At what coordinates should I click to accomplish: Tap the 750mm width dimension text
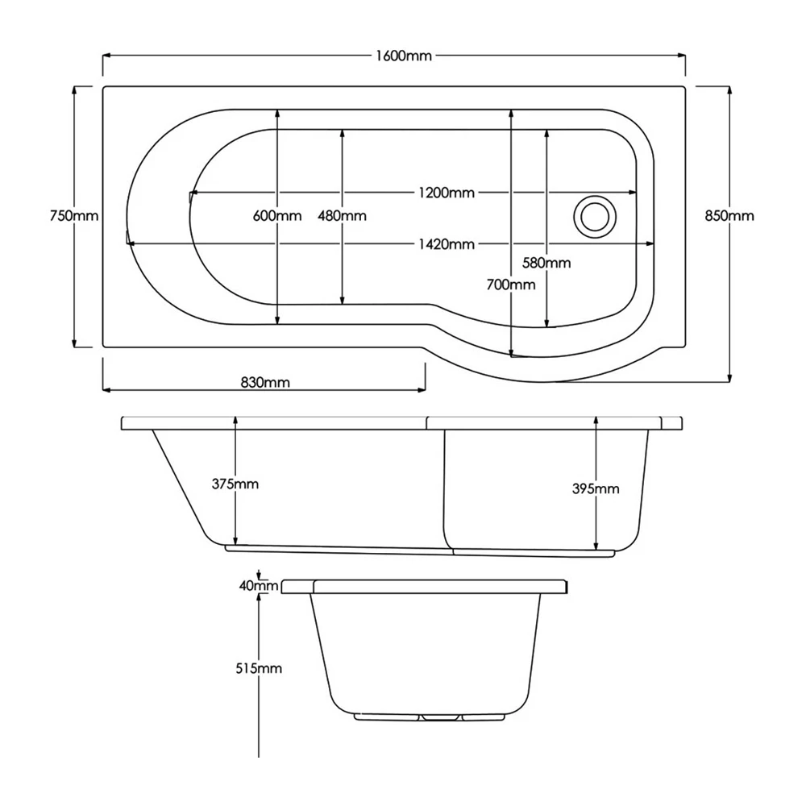73,216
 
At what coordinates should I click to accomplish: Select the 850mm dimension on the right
729,216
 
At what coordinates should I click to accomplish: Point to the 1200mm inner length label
446,193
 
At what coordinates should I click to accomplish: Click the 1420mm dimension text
446,244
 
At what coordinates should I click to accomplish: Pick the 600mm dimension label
276,216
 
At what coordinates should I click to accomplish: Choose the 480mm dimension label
342,216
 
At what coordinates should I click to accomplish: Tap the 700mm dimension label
511,285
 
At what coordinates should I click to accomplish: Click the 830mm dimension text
264,383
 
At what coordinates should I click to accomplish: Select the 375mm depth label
235,484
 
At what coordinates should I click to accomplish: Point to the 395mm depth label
595,489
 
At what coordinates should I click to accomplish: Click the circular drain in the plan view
595,216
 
